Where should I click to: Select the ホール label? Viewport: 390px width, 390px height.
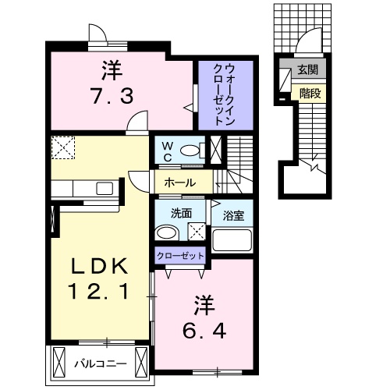click(179, 183)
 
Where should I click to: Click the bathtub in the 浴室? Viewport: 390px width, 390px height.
click(233, 239)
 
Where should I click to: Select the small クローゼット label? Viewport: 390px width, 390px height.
click(179, 255)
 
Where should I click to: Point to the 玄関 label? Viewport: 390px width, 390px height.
click(306, 70)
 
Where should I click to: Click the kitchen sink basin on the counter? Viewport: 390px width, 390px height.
click(105, 188)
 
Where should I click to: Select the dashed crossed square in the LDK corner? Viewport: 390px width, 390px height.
click(62, 146)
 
